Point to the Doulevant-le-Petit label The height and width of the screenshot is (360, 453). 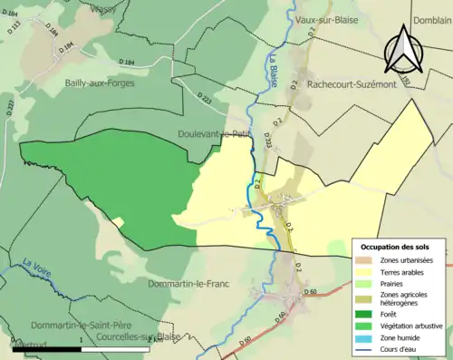tap(214, 133)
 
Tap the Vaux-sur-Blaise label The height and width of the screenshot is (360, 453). tap(327, 18)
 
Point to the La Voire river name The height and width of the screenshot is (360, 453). tap(38, 269)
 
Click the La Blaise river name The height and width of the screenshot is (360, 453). tap(273, 73)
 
